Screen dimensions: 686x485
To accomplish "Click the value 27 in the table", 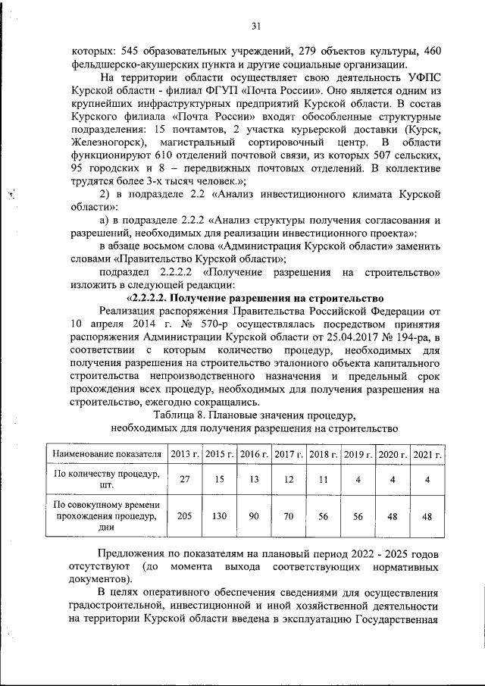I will pos(185,480).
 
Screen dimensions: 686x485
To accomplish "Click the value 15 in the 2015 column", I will pos(219,480).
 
